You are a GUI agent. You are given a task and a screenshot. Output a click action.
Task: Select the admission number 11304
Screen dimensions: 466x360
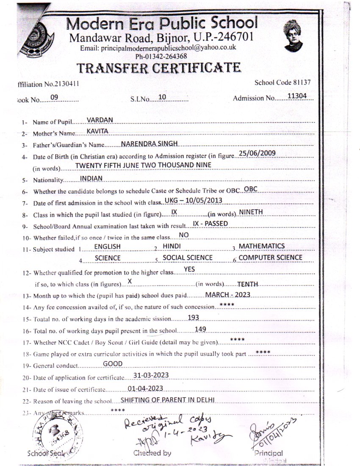[296, 96]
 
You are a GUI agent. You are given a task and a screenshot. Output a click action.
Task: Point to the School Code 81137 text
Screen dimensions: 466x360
[282, 82]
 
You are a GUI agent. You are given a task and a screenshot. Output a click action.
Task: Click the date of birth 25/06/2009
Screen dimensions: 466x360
[258, 153]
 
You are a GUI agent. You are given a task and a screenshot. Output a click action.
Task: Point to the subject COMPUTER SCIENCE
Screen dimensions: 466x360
[271, 257]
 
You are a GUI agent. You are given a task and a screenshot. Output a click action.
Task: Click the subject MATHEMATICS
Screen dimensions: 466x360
[262, 246]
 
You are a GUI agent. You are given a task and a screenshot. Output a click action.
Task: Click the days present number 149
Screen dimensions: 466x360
[201, 329]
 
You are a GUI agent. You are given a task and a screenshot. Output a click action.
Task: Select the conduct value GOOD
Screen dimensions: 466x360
[113, 363]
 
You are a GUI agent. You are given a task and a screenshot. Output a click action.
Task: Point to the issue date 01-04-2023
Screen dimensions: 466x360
[145, 388]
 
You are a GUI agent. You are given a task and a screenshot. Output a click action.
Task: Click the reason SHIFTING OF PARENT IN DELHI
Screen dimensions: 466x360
[168, 399]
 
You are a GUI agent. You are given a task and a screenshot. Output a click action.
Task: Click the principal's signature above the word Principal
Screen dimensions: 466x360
[271, 432]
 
